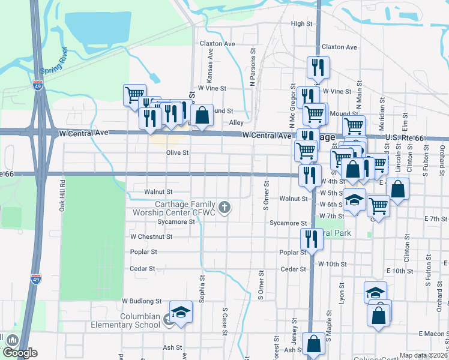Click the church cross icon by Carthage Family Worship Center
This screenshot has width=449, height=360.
(x=224, y=208)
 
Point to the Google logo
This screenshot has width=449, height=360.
(x=19, y=353)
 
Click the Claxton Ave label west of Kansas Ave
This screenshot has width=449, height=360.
(x=217, y=44)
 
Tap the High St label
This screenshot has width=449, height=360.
(x=302, y=24)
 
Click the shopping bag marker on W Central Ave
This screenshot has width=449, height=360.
(x=202, y=114)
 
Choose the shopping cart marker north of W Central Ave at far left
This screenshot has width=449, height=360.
(x=134, y=94)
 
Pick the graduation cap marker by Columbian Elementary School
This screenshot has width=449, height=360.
(x=181, y=311)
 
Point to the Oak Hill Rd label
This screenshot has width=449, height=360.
(x=62, y=196)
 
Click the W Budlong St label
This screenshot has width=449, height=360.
(x=142, y=301)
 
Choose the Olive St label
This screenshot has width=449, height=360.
(x=178, y=153)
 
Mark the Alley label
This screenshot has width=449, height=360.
(x=237, y=122)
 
